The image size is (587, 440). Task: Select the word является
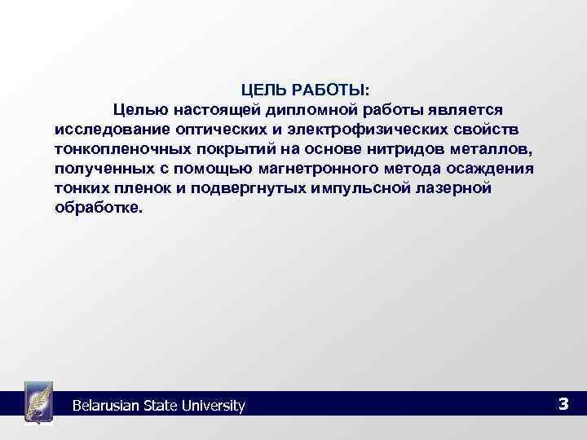(x=469, y=108)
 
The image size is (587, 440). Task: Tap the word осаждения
(x=490, y=169)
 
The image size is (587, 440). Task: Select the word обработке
(x=98, y=208)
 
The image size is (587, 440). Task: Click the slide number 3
(x=563, y=403)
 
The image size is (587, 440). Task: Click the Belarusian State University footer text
(x=158, y=405)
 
